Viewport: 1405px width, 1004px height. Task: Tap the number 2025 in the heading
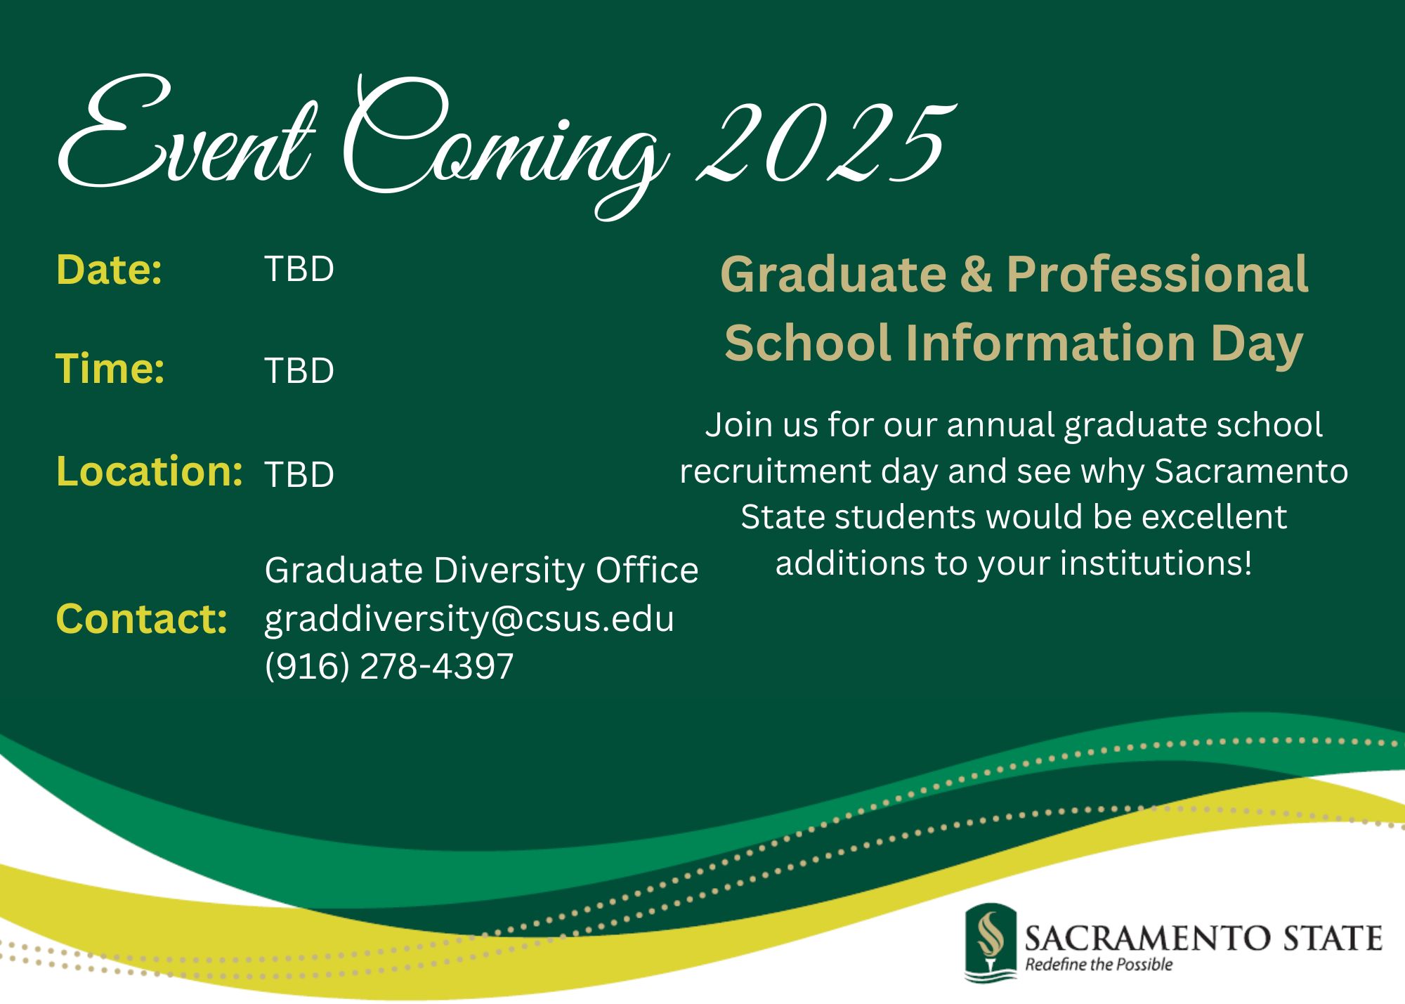(x=825, y=144)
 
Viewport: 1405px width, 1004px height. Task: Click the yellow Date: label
(x=109, y=270)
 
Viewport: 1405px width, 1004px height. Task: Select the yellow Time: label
(x=110, y=369)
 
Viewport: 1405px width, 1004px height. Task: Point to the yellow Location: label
(x=149, y=471)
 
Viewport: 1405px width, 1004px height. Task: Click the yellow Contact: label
(x=141, y=619)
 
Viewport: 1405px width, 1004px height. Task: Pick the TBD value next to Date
(x=299, y=269)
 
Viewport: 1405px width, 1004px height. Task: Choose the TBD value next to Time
(x=299, y=370)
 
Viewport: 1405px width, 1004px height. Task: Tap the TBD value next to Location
(x=299, y=474)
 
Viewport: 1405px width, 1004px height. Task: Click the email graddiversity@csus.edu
(x=469, y=619)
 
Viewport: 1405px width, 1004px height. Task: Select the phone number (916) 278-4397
(x=389, y=666)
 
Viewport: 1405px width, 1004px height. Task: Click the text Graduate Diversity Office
(x=481, y=570)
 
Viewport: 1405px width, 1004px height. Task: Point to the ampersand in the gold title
(x=976, y=274)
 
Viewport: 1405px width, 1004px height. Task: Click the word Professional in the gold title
(x=1157, y=274)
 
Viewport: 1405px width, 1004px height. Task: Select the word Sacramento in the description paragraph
(x=1251, y=471)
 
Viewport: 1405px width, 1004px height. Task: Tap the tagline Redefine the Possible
(x=1099, y=965)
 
